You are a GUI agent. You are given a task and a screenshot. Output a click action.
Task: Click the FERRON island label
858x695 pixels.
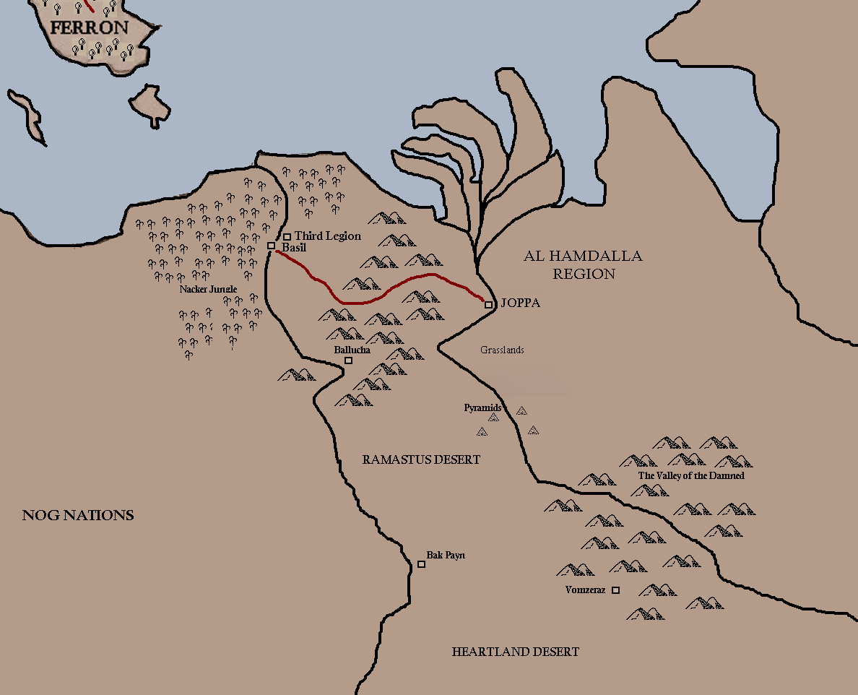point(90,28)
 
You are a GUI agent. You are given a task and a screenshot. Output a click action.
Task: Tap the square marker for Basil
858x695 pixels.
point(272,246)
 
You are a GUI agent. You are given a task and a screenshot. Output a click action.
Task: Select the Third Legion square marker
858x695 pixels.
point(287,236)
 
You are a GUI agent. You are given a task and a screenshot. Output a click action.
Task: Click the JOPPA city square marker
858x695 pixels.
point(488,305)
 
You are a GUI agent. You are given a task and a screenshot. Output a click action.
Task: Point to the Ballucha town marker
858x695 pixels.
point(348,360)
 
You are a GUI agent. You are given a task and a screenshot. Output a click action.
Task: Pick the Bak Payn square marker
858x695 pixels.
point(422,564)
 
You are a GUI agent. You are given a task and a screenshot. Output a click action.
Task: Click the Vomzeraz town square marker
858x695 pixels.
point(615,590)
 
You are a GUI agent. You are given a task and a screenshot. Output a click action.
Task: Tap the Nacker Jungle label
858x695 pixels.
point(209,289)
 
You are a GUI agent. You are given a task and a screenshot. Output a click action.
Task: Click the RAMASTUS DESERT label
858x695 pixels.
point(421,459)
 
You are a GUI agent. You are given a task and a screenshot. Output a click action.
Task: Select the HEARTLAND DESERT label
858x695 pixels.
point(515,652)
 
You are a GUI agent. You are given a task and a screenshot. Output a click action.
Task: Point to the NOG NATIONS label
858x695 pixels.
point(78,515)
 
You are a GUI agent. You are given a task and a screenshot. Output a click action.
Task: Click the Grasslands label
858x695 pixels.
point(502,350)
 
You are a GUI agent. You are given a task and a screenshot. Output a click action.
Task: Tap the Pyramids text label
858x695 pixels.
point(482,408)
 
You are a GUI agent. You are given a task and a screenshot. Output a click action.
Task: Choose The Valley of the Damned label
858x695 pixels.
point(690,476)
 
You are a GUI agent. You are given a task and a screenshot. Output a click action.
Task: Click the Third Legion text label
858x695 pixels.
point(327,236)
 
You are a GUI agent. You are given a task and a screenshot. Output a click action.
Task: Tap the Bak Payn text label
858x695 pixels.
point(446,556)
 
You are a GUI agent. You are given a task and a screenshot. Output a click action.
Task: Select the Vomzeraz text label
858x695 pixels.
point(585,590)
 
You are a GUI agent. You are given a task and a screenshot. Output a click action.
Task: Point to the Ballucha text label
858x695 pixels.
point(352,350)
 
